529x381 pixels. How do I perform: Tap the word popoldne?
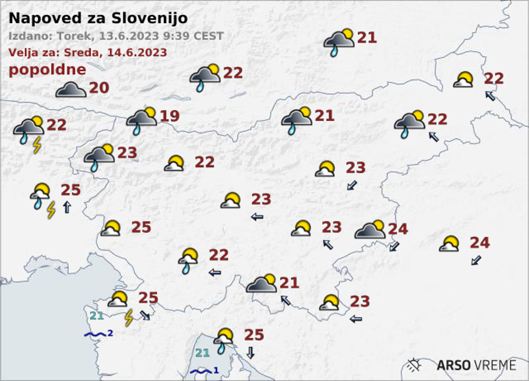click(47, 70)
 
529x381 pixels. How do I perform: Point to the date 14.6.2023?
click(141, 52)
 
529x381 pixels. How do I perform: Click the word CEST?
click(209, 36)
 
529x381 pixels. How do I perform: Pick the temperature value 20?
click(99, 88)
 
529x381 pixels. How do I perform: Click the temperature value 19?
click(169, 117)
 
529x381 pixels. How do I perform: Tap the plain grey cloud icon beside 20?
click(71, 90)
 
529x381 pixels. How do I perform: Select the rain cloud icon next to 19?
click(141, 120)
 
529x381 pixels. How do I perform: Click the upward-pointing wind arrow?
click(66, 207)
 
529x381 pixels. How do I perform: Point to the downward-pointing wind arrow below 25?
click(250, 353)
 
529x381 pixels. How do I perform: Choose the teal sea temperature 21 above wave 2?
click(97, 316)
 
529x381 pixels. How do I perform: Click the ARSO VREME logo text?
click(476, 365)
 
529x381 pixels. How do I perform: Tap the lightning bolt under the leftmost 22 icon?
click(37, 145)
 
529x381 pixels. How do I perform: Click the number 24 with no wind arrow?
click(397, 229)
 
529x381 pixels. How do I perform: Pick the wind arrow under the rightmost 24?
click(476, 260)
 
